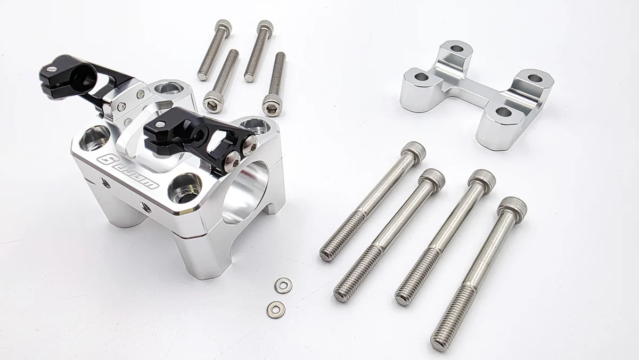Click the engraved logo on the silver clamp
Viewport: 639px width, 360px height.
pos(129,171)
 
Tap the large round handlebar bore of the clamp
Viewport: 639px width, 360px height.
pos(246,192)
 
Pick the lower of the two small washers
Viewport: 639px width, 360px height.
pos(275,308)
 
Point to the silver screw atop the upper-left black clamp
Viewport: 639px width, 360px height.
pos(50,68)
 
